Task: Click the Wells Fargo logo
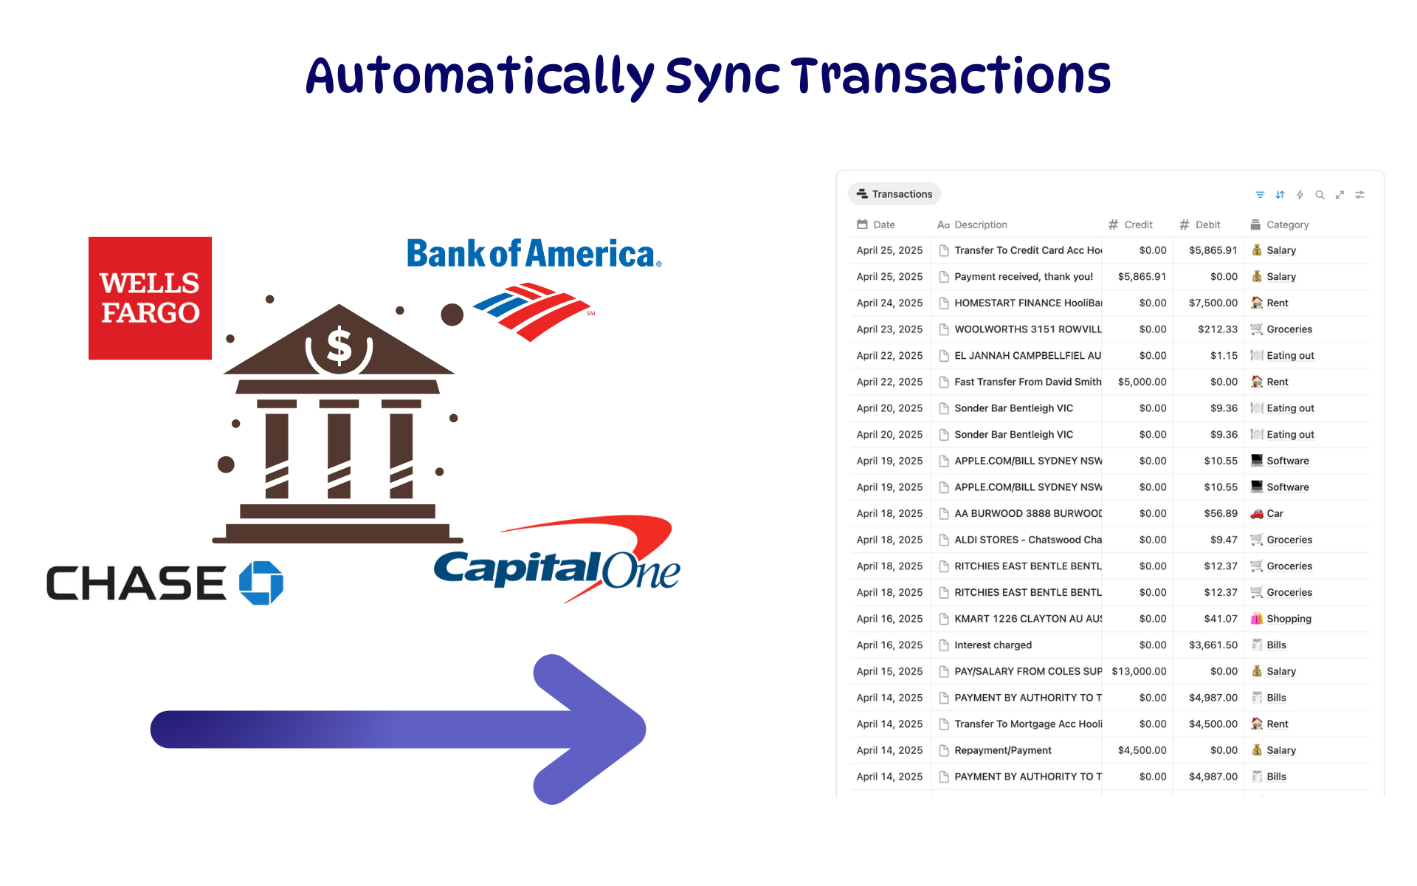point(150,298)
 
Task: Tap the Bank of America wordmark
point(534,253)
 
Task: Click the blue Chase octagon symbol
point(261,583)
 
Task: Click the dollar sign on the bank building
point(339,346)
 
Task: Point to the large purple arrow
point(399,729)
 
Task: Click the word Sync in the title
point(723,78)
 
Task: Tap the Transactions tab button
point(894,194)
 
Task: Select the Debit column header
point(1200,224)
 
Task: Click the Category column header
point(1280,224)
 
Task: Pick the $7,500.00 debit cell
point(1213,303)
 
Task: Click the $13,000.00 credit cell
point(1139,671)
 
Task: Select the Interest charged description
point(993,645)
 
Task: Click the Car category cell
point(1267,513)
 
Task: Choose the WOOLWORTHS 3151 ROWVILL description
point(1027,329)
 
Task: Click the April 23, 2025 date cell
point(889,329)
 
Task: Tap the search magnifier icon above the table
point(1320,195)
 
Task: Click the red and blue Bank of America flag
point(532,312)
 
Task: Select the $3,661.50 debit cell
point(1213,645)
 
